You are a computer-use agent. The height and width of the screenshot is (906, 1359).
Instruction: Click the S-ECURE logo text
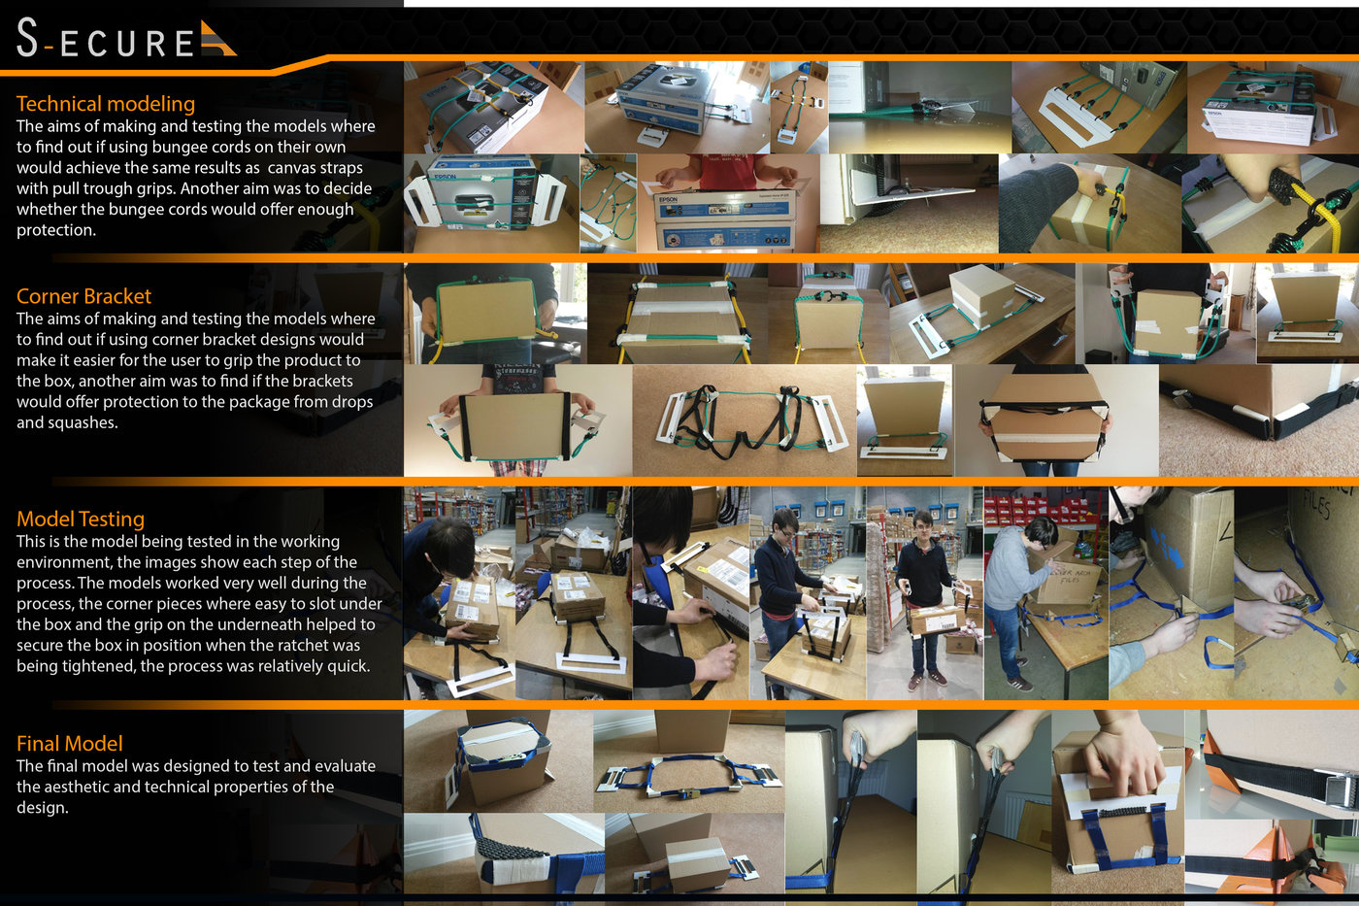pos(105,38)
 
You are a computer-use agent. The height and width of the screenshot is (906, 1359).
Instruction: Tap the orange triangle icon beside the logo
pos(217,40)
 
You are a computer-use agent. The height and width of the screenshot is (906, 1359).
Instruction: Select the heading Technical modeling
pos(106,104)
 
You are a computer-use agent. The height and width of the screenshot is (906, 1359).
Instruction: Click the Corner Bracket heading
pos(83,296)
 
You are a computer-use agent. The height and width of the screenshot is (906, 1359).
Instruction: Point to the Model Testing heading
pos(81,519)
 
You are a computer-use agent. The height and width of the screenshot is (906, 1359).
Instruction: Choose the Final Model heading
pos(70,744)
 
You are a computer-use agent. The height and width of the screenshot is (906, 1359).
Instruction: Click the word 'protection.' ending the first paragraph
pos(56,230)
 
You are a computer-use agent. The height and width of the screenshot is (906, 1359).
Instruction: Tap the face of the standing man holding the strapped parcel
pos(922,526)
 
